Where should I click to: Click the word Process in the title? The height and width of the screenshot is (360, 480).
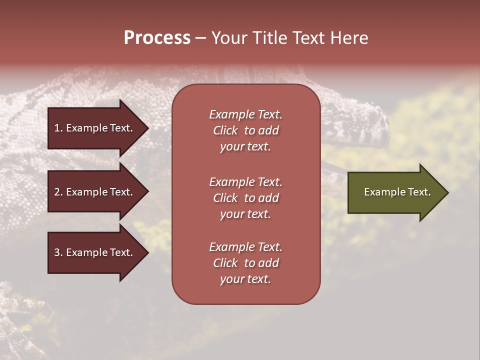point(157,38)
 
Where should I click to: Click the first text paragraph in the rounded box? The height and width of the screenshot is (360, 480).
point(245,130)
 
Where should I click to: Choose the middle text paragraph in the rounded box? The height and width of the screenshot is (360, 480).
point(245,198)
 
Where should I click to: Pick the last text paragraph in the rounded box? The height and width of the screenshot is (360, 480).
point(245,263)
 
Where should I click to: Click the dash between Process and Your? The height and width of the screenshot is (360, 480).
point(200,38)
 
